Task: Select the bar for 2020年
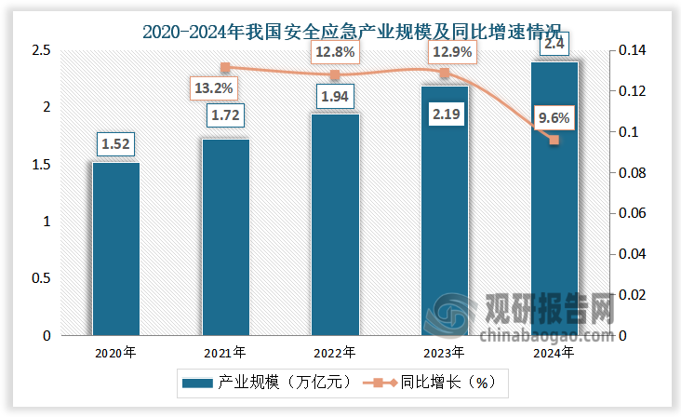pyautogui.click(x=115, y=249)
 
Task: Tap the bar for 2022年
pyautogui.click(x=335, y=224)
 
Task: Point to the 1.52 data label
pyautogui.click(x=115, y=144)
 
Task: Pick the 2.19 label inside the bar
pyautogui.click(x=445, y=116)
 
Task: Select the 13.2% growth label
pyautogui.click(x=213, y=89)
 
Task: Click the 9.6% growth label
pyautogui.click(x=554, y=118)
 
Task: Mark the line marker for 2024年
pyautogui.click(x=554, y=140)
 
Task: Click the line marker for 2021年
pyautogui.click(x=225, y=67)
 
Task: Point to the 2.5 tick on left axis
pyautogui.click(x=38, y=50)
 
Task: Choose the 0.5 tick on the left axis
pyautogui.click(x=38, y=278)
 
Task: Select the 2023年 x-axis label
pyautogui.click(x=445, y=353)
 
